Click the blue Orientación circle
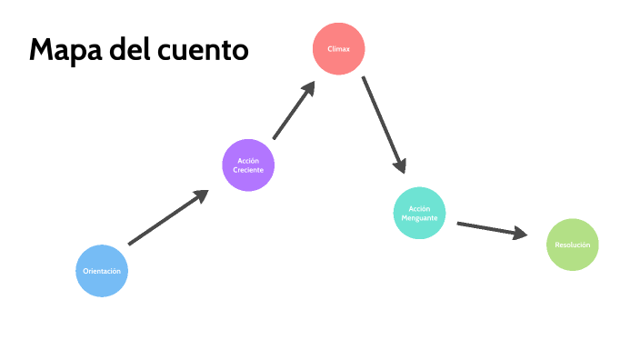click(x=101, y=271)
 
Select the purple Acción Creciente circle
click(x=248, y=165)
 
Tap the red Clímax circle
click(x=338, y=47)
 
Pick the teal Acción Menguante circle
click(x=419, y=213)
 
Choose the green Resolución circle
click(x=572, y=245)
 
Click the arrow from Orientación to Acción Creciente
click(x=167, y=218)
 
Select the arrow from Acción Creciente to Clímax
click(x=293, y=111)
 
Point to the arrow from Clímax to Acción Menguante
click(x=382, y=123)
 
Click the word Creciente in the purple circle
click(x=248, y=171)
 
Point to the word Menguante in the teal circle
click(x=419, y=218)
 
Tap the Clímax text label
click(x=338, y=47)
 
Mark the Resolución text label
click(x=572, y=245)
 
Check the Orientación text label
click(x=101, y=271)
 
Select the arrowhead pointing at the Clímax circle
click(x=308, y=88)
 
